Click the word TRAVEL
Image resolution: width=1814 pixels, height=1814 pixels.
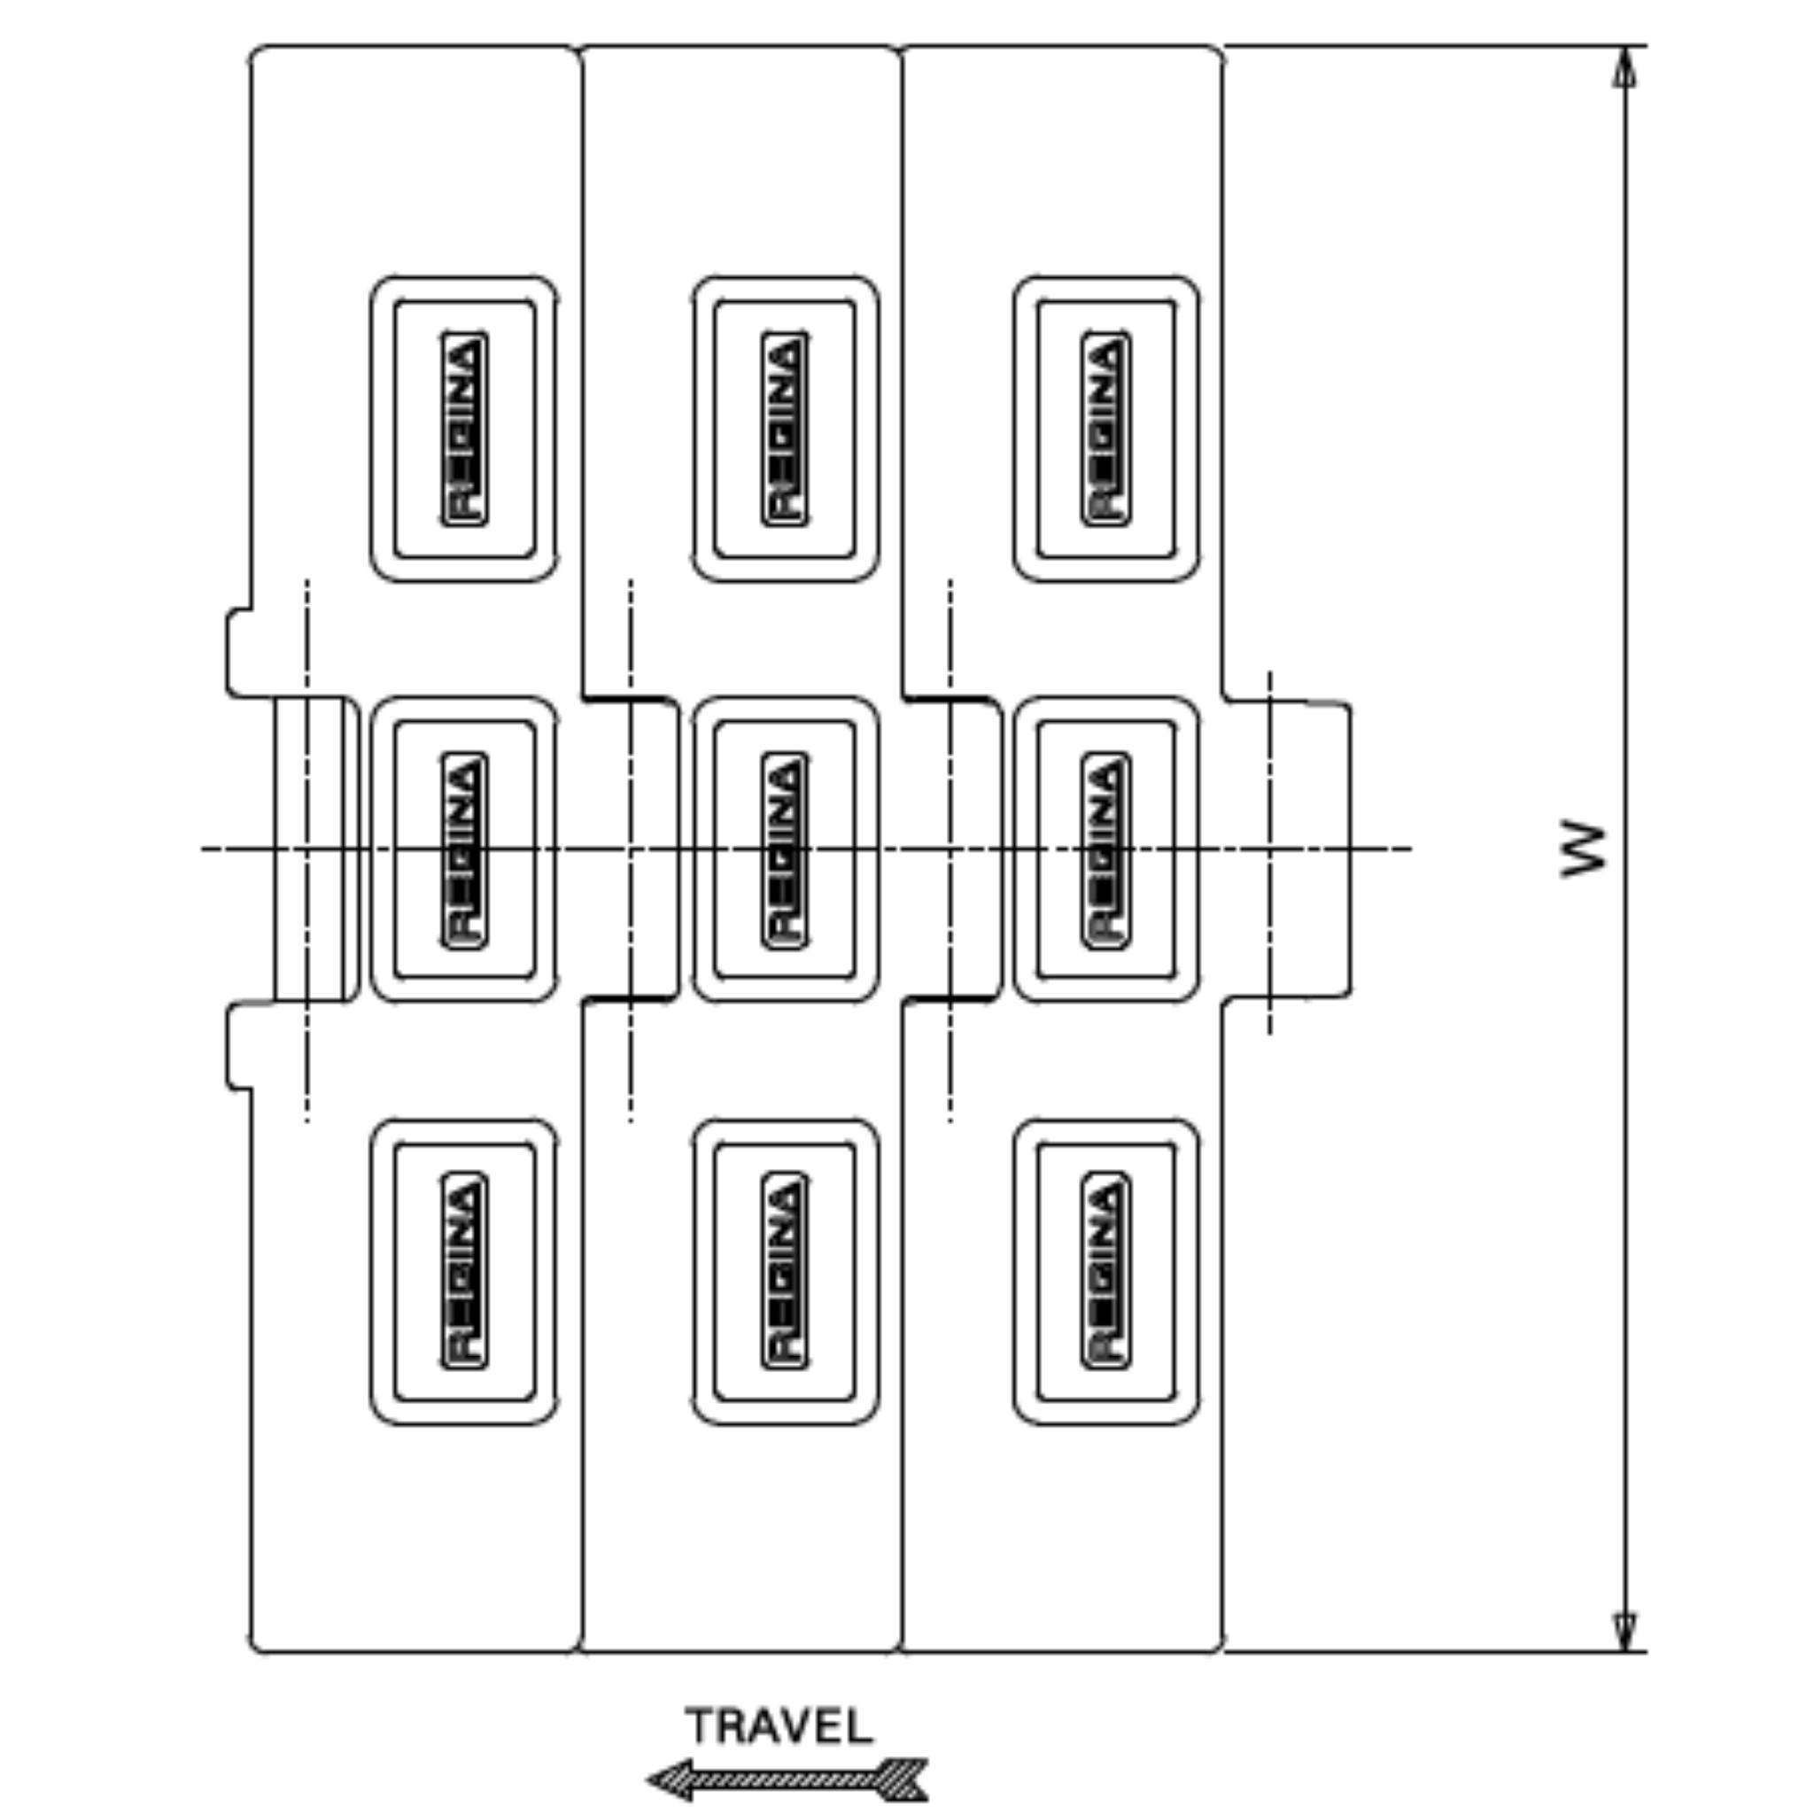779,1725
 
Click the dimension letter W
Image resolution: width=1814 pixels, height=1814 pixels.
1583,849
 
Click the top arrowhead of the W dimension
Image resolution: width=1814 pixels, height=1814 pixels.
1625,67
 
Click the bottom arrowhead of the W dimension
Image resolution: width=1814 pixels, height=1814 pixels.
1625,1632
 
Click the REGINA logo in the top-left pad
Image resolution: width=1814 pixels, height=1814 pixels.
464,428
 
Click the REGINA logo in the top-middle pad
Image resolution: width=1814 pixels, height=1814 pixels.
785,428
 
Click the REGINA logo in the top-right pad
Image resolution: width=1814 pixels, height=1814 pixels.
1106,428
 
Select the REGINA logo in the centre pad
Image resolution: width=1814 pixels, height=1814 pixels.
785,849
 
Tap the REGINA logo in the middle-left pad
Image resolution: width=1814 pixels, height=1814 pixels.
464,849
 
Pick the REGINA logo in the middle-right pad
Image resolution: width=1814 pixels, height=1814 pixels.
1106,849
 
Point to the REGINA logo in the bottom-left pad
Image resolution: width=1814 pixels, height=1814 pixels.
464,1270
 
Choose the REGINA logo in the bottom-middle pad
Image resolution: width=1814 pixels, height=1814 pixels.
785,1270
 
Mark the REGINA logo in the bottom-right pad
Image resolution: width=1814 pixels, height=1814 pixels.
1106,1270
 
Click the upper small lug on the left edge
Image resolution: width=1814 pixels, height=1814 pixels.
238,653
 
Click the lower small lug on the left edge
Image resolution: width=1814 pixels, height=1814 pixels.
238,1046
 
